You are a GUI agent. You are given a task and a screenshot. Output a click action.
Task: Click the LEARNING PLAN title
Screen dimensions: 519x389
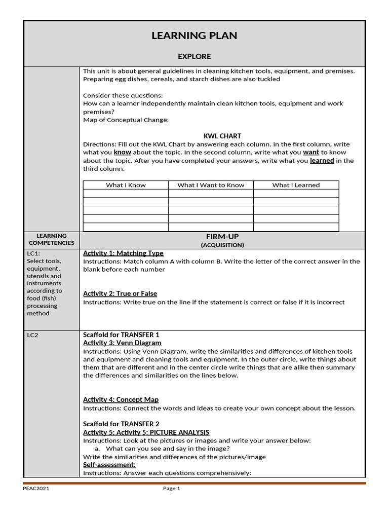[194, 35]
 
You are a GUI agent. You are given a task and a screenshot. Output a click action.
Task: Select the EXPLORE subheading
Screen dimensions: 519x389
[194, 56]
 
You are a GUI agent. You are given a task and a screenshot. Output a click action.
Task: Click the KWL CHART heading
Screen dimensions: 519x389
[222, 136]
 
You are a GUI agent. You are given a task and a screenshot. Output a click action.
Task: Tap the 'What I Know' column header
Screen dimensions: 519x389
[126, 185]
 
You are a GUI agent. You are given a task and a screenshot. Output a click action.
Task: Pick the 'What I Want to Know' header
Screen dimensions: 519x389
[211, 185]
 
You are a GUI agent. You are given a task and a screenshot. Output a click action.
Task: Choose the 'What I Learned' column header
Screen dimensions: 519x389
[296, 185]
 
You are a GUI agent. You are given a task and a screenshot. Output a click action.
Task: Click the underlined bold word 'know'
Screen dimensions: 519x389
[122, 152]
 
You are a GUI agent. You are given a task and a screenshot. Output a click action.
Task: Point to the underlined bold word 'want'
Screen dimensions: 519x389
[311, 152]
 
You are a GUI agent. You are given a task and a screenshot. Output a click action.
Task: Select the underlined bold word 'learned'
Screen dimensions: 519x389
[322, 161]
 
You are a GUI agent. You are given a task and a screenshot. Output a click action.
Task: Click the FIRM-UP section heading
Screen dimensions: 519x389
[222, 237]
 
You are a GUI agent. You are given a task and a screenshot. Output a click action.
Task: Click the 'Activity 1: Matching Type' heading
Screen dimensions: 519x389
[123, 253]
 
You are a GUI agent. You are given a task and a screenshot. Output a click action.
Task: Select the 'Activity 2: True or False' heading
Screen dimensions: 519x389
[120, 293]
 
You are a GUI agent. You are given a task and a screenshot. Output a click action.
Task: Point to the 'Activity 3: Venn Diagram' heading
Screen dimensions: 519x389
[119, 343]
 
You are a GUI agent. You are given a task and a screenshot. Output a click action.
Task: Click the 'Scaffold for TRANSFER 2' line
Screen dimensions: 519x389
[121, 424]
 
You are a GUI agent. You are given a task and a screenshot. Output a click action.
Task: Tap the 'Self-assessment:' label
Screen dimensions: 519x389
[109, 464]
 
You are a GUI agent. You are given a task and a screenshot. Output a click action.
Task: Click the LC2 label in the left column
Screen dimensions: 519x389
[32, 335]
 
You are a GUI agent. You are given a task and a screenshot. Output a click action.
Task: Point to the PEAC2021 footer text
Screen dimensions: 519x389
[36, 489]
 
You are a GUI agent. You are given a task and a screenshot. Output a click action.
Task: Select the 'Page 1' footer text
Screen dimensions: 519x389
[171, 489]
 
